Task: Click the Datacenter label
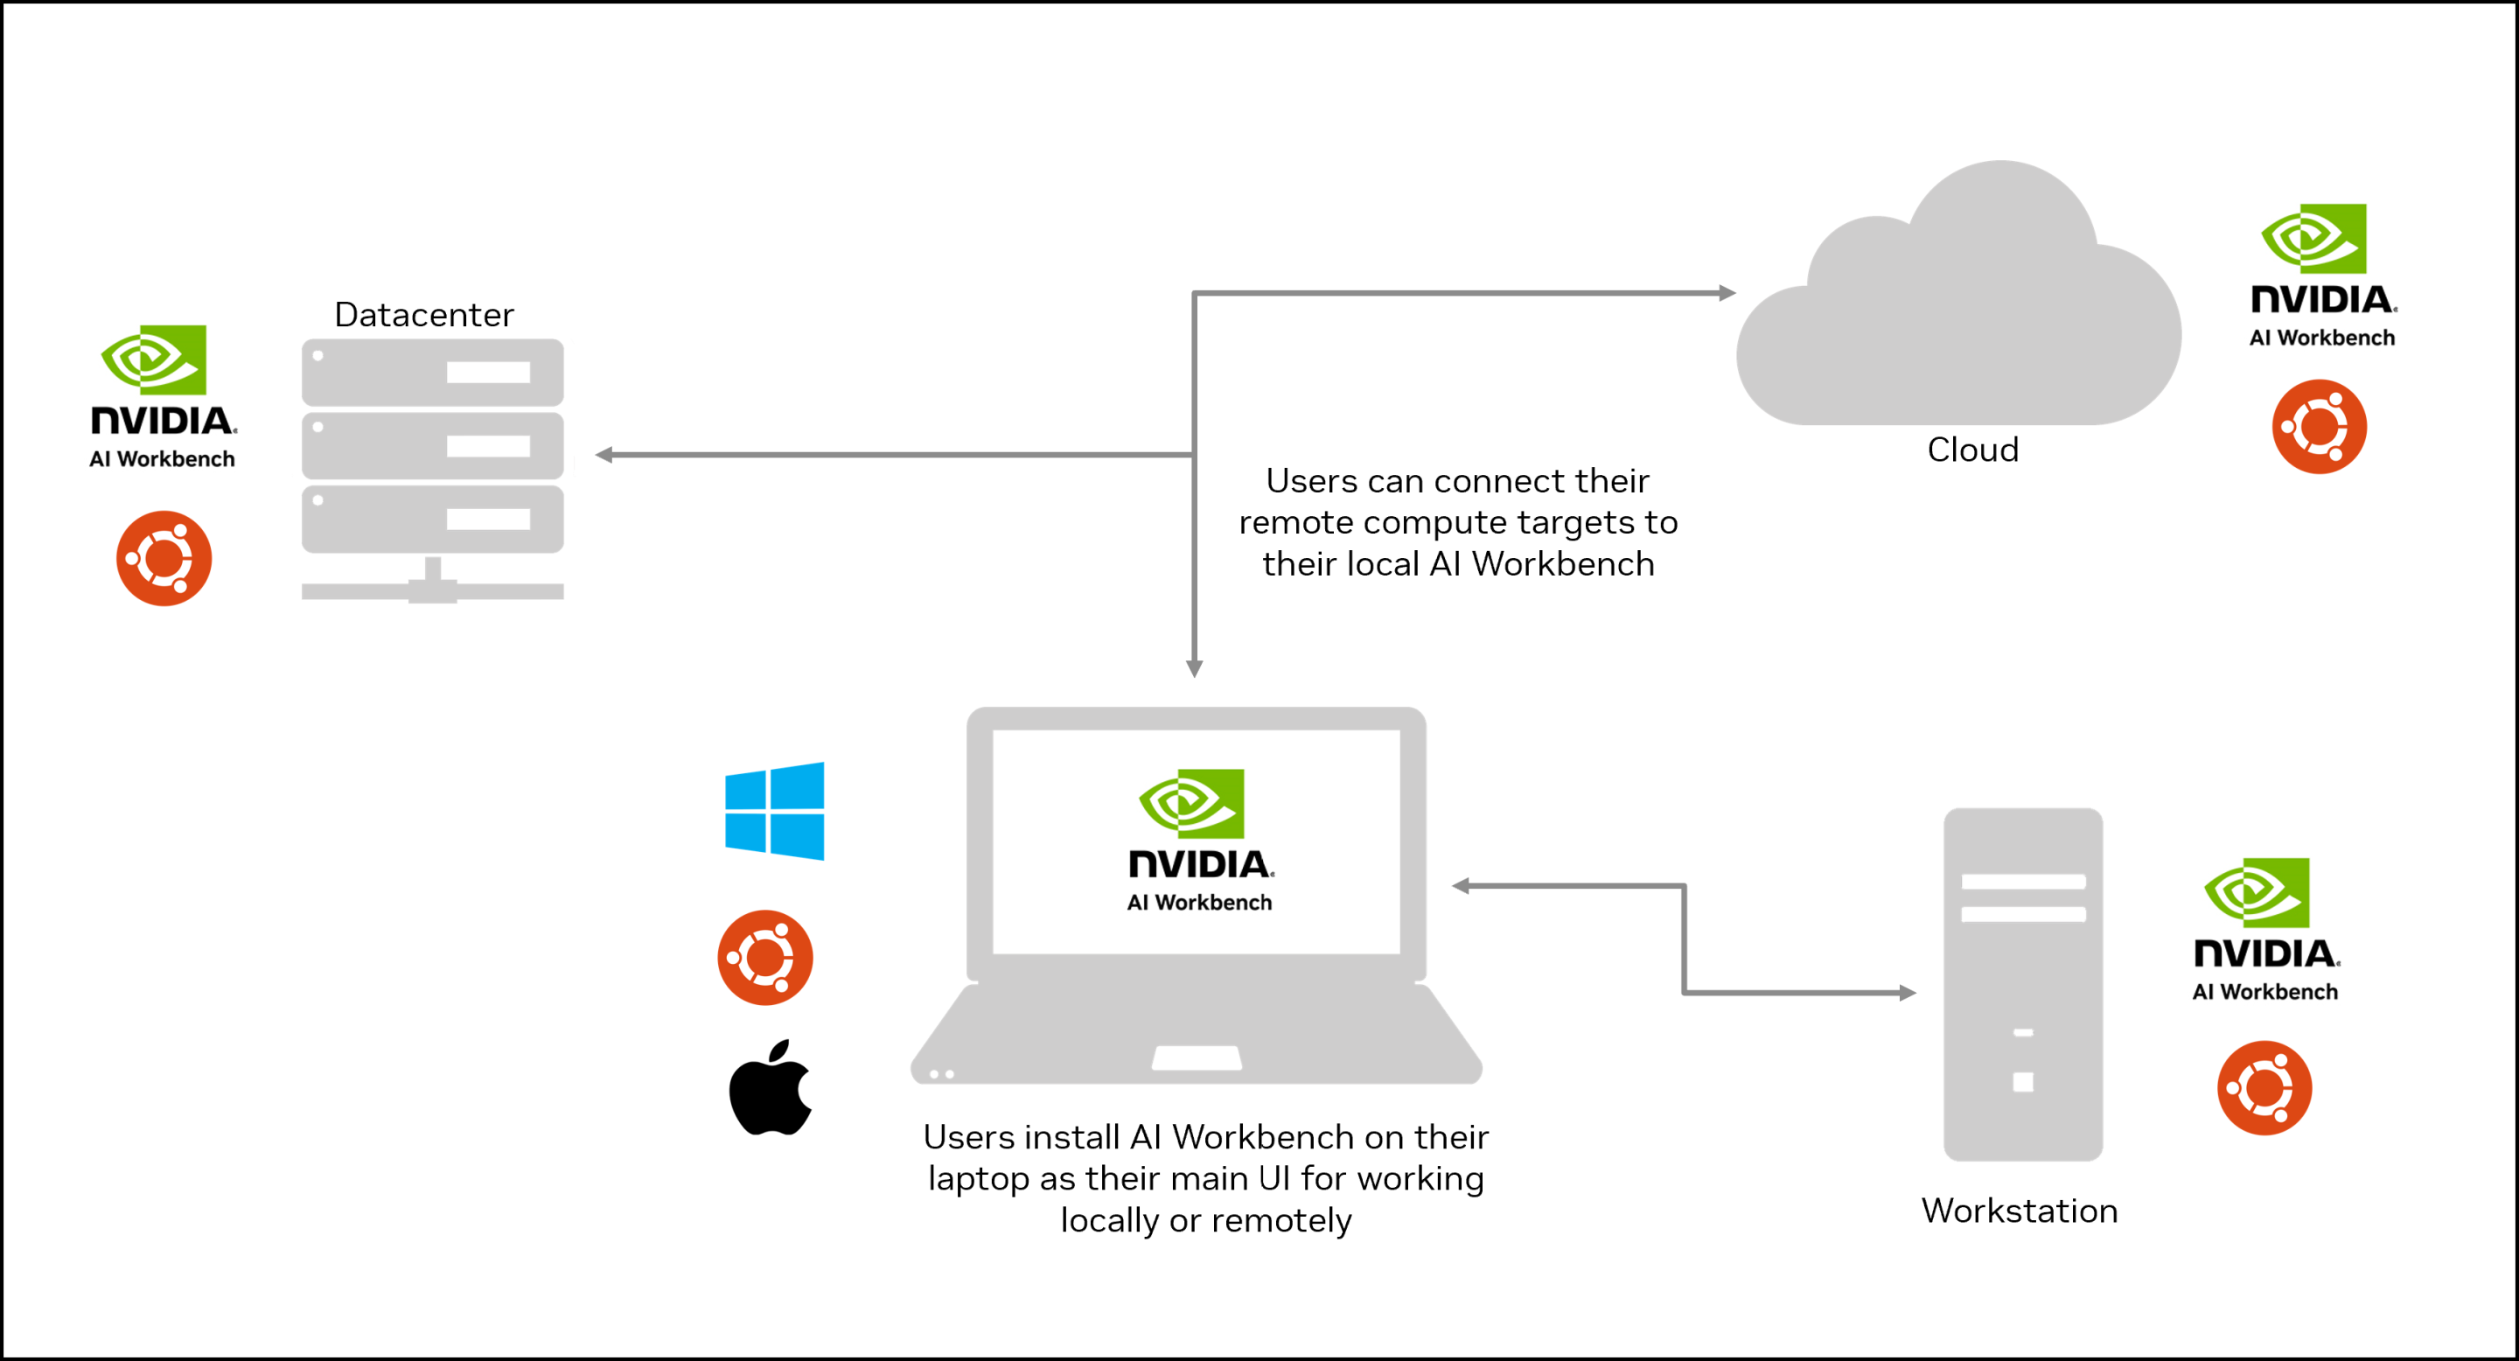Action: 423,315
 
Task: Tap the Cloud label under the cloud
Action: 1972,450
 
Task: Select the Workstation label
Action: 2020,1211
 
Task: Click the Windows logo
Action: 774,811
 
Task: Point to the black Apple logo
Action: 771,1088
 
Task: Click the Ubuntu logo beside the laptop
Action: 764,957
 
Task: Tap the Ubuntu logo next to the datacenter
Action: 164,558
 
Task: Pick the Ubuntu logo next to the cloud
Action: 2319,427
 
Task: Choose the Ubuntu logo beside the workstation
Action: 2264,1088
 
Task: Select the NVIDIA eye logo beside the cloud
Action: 2313,239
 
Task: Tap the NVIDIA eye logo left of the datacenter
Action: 155,359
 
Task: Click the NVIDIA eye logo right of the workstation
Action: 2257,893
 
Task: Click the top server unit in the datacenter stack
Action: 432,373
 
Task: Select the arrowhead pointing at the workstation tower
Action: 1907,994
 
